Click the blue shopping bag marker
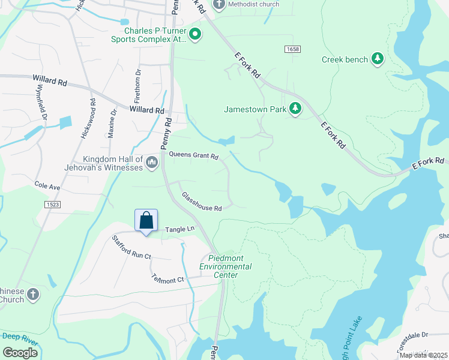point(146,221)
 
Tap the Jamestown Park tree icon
point(295,109)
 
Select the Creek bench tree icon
point(377,59)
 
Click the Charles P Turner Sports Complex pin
point(195,35)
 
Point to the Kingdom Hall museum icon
point(152,162)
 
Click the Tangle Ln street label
point(180,229)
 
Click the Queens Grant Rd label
point(193,155)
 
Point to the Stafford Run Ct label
point(131,247)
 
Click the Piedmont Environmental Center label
point(225,266)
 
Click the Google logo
point(20,352)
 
